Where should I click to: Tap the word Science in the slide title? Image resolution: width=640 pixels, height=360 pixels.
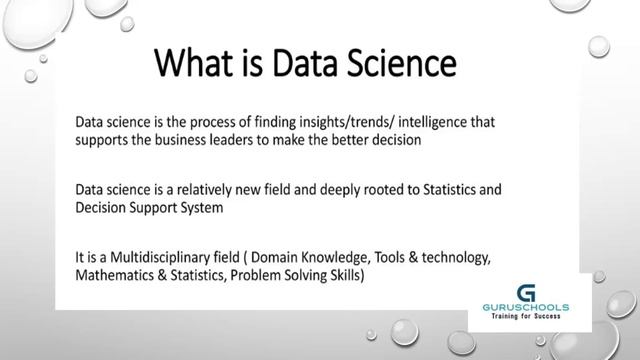pos(397,65)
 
